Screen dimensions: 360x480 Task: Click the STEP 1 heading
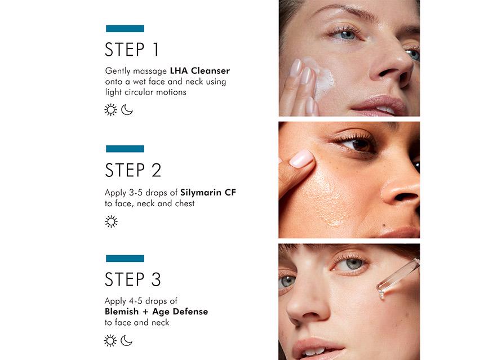tap(132, 50)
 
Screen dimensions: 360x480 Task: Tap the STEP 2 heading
tap(133, 170)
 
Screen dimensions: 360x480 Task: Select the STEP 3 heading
tap(133, 279)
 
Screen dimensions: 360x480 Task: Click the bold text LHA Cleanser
tap(199, 71)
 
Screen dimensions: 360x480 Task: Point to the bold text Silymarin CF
tap(208, 193)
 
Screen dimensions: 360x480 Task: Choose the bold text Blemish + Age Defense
tap(156, 312)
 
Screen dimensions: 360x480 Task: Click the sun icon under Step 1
tap(111, 110)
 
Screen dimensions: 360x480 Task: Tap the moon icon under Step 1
tap(127, 110)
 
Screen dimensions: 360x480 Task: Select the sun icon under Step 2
tap(111, 221)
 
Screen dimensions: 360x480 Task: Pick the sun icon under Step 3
tap(111, 340)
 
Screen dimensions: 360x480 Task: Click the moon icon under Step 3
tap(127, 340)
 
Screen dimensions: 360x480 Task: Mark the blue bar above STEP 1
tap(125, 29)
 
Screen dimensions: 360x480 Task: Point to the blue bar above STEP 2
tap(125, 149)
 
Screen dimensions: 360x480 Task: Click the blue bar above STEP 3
tap(125, 259)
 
